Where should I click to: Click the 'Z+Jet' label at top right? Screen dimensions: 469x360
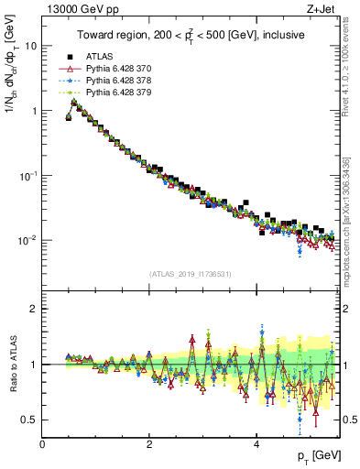tap(322, 9)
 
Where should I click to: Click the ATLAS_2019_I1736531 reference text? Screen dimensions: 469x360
tap(189, 274)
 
